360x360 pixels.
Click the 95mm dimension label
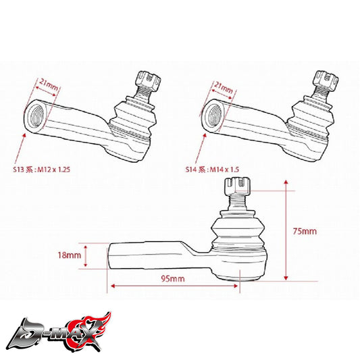(x=173, y=278)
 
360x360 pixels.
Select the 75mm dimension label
(x=305, y=231)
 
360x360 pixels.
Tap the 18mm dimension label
(x=69, y=255)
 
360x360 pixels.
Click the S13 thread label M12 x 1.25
(x=54, y=170)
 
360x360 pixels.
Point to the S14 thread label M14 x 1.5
(x=224, y=170)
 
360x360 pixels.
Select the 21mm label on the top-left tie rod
(x=49, y=84)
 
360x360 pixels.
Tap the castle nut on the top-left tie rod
(x=149, y=81)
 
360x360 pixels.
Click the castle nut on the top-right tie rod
(x=326, y=80)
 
